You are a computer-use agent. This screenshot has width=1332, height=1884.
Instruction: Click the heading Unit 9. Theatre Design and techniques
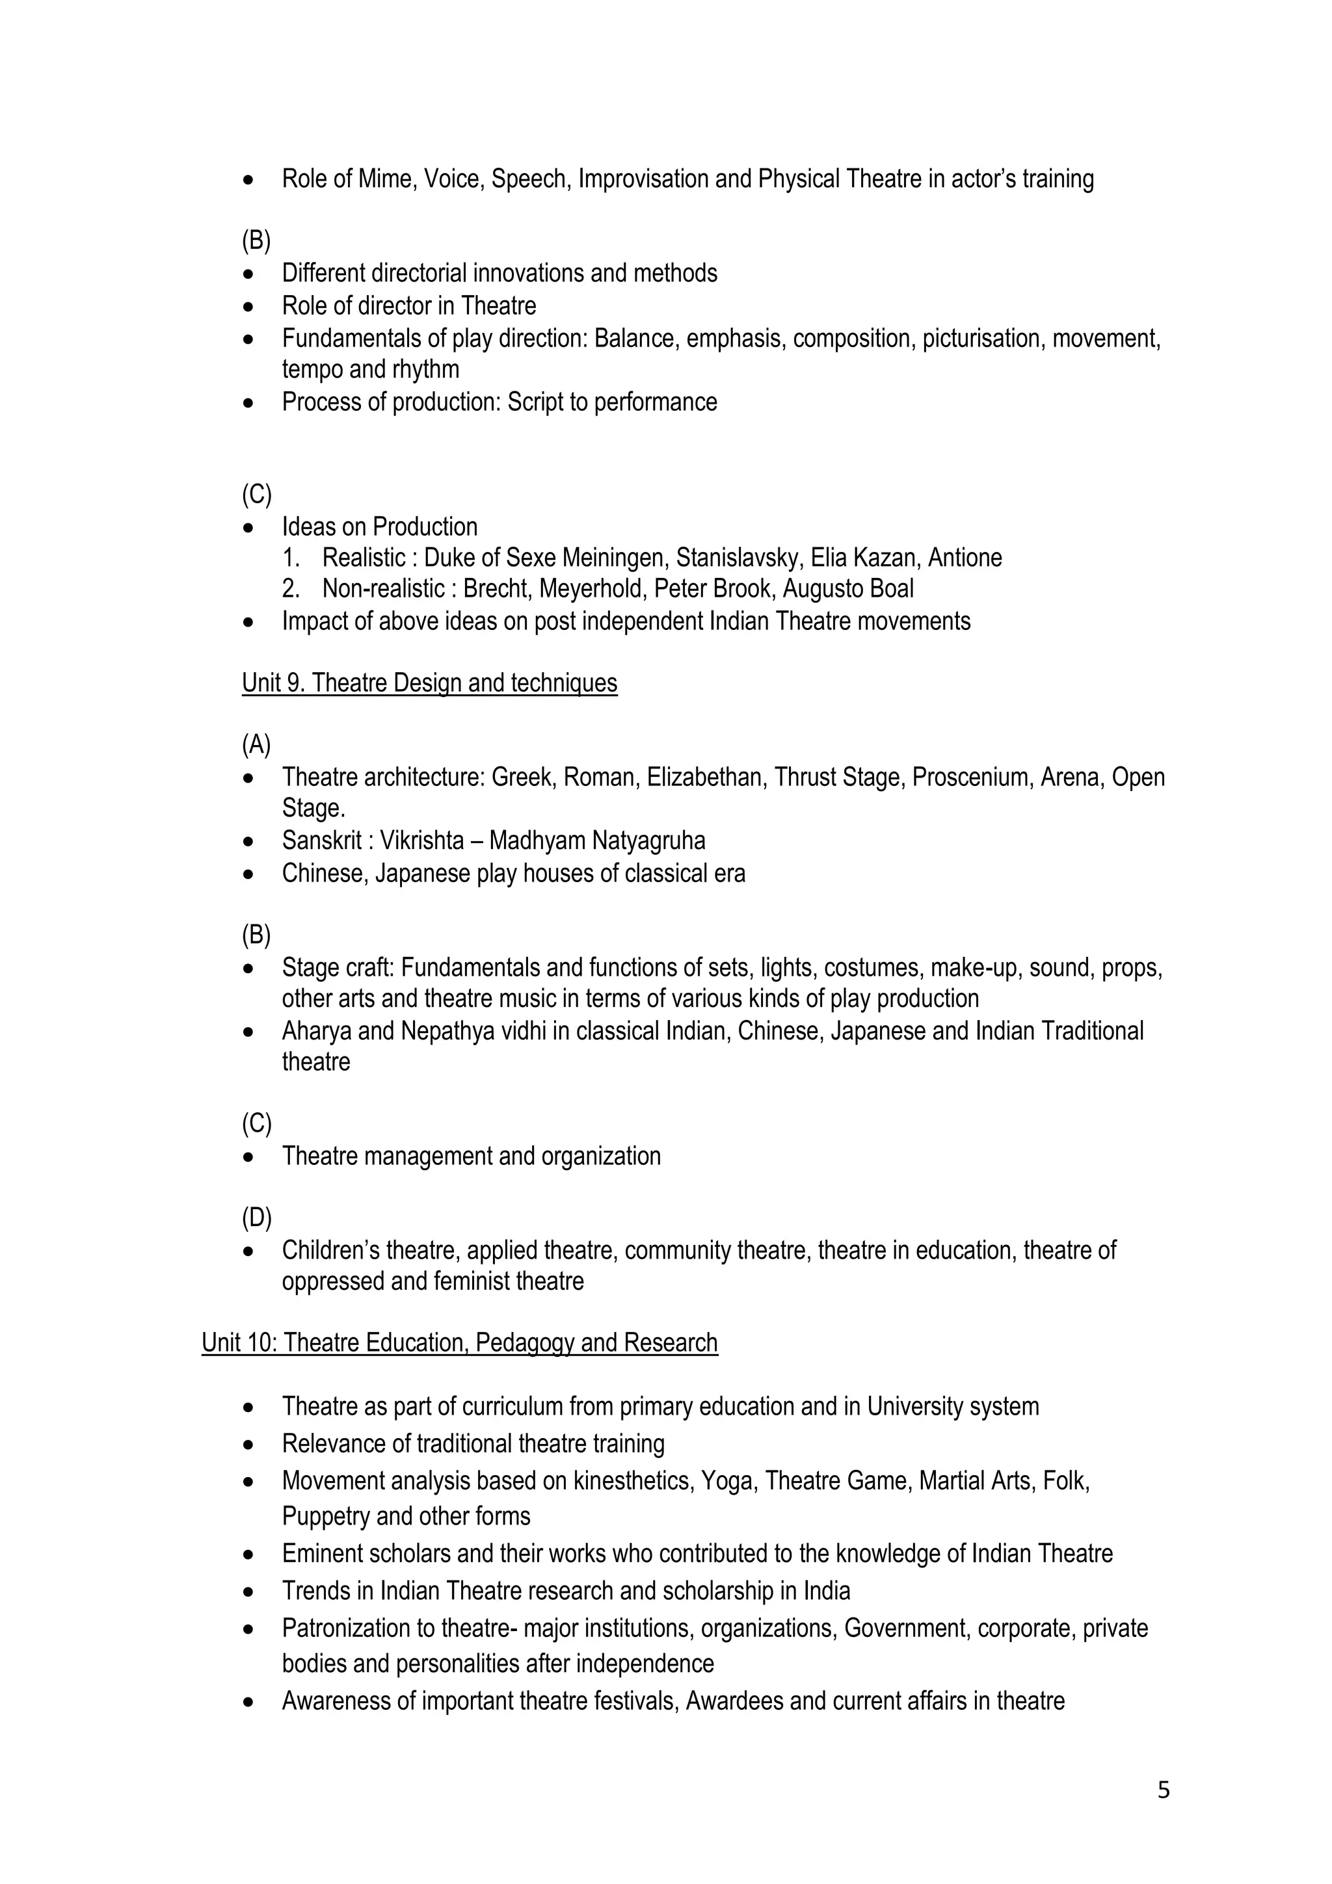(x=429, y=683)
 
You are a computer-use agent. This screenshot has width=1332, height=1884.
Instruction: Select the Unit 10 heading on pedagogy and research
(x=460, y=1342)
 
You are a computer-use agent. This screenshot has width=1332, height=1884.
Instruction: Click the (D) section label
(x=256, y=1218)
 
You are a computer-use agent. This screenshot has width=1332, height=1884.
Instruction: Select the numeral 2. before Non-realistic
(x=291, y=588)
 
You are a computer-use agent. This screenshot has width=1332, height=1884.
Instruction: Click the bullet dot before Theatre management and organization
(x=248, y=1157)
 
